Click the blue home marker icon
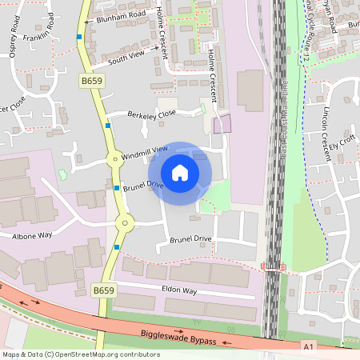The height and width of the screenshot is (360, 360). (x=180, y=173)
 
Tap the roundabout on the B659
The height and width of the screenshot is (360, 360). (x=123, y=223)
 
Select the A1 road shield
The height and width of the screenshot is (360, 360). (x=309, y=346)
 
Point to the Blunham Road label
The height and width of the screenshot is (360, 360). (x=119, y=17)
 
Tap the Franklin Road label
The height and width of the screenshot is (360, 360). (x=42, y=30)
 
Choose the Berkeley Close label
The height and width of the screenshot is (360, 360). (x=151, y=114)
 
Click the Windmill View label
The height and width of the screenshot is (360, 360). (x=146, y=151)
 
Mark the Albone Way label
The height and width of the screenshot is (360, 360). (x=31, y=236)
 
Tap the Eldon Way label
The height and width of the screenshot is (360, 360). (x=179, y=291)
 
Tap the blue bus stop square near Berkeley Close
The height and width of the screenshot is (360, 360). (x=108, y=125)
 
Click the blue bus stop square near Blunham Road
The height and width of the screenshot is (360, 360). (x=79, y=36)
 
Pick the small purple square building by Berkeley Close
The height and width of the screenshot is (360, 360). (x=222, y=123)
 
